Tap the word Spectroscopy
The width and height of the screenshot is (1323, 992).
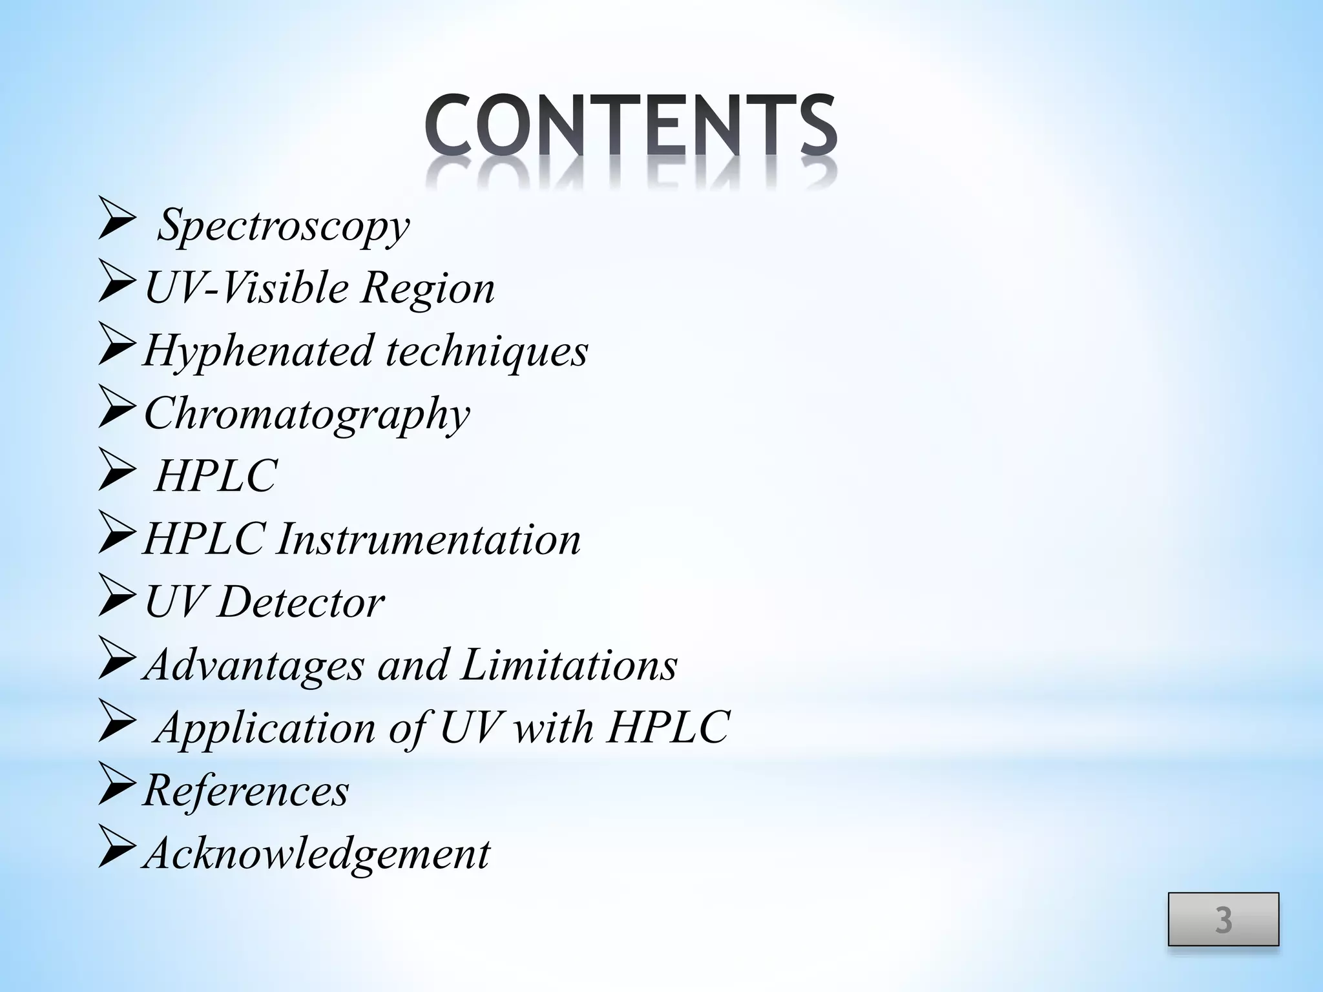[x=284, y=225]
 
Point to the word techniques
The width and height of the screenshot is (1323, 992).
[x=487, y=351]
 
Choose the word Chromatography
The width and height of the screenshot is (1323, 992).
[x=307, y=414]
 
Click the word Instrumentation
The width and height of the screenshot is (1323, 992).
[x=428, y=539]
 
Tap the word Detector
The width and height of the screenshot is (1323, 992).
[x=300, y=602]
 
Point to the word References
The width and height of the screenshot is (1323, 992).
[x=245, y=790]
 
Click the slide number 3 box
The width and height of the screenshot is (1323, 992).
[x=1223, y=919]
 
